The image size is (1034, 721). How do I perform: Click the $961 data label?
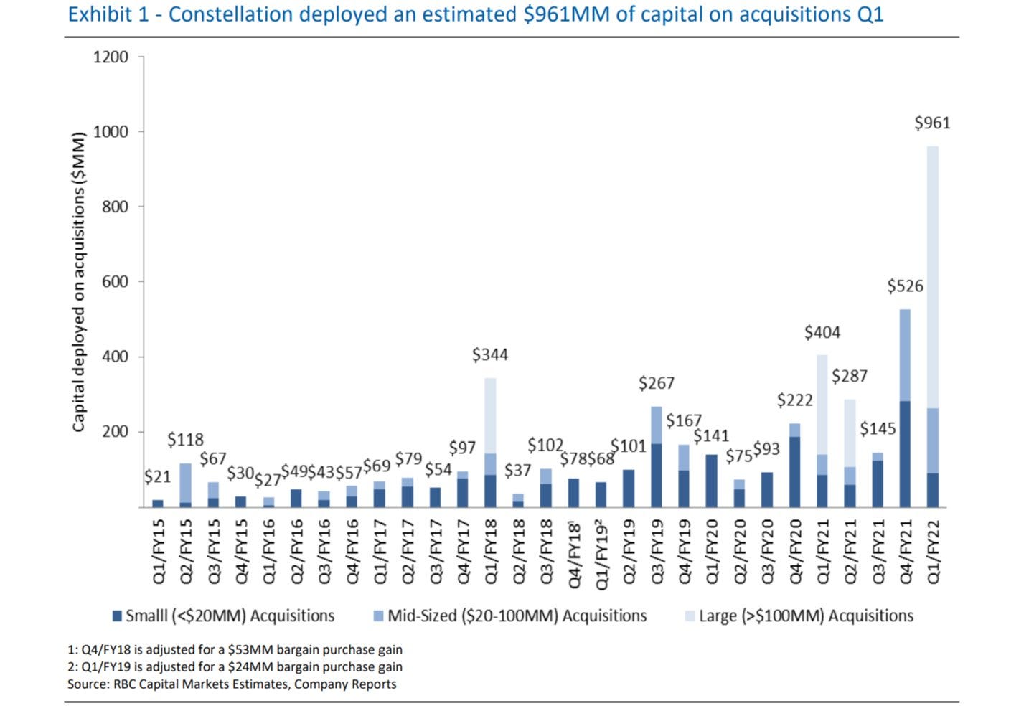[932, 123]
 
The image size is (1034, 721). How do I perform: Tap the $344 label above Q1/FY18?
[490, 354]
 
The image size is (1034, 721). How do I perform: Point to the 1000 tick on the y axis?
[111, 132]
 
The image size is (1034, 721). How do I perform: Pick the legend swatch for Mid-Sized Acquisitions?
[378, 616]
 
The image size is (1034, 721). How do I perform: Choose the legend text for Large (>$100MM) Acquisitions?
[806, 616]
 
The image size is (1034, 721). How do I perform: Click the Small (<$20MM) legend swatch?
[117, 616]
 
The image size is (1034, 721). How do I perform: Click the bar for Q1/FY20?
[712, 481]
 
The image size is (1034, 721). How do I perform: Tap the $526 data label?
[905, 286]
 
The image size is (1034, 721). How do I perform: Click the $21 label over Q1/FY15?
[157, 477]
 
